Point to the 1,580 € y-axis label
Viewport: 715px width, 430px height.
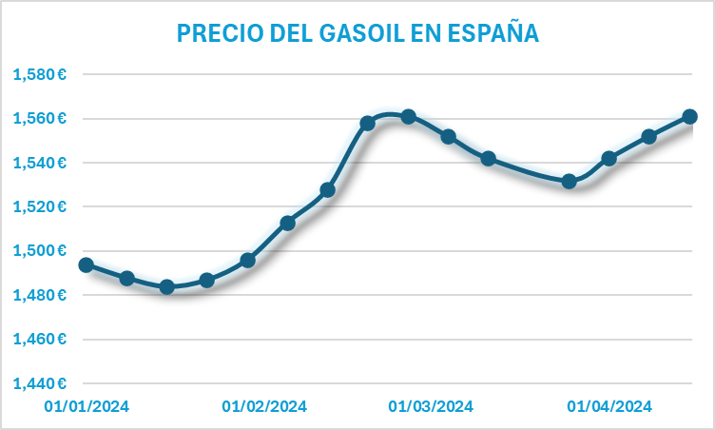click(x=39, y=74)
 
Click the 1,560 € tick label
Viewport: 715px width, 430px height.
click(x=39, y=119)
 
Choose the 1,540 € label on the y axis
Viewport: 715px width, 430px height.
click(x=39, y=163)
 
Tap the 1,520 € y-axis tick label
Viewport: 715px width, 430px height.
click(x=39, y=206)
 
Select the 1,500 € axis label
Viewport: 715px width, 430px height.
click(x=39, y=251)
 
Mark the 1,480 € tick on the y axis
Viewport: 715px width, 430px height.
click(x=39, y=295)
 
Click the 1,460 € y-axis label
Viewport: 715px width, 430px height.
click(x=39, y=340)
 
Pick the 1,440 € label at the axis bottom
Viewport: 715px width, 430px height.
click(x=39, y=383)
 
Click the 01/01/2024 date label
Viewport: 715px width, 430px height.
click(x=87, y=406)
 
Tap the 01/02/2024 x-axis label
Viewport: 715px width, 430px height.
click(x=264, y=406)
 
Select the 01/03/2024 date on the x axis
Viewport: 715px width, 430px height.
click(x=431, y=406)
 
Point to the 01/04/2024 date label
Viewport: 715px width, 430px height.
click(x=609, y=406)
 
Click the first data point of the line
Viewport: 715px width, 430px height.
click(x=87, y=265)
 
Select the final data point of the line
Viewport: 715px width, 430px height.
click(x=690, y=116)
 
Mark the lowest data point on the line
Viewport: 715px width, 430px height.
click(x=167, y=286)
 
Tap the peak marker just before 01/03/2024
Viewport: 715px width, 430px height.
click(x=408, y=116)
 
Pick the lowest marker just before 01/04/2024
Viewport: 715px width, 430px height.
click(x=569, y=181)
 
